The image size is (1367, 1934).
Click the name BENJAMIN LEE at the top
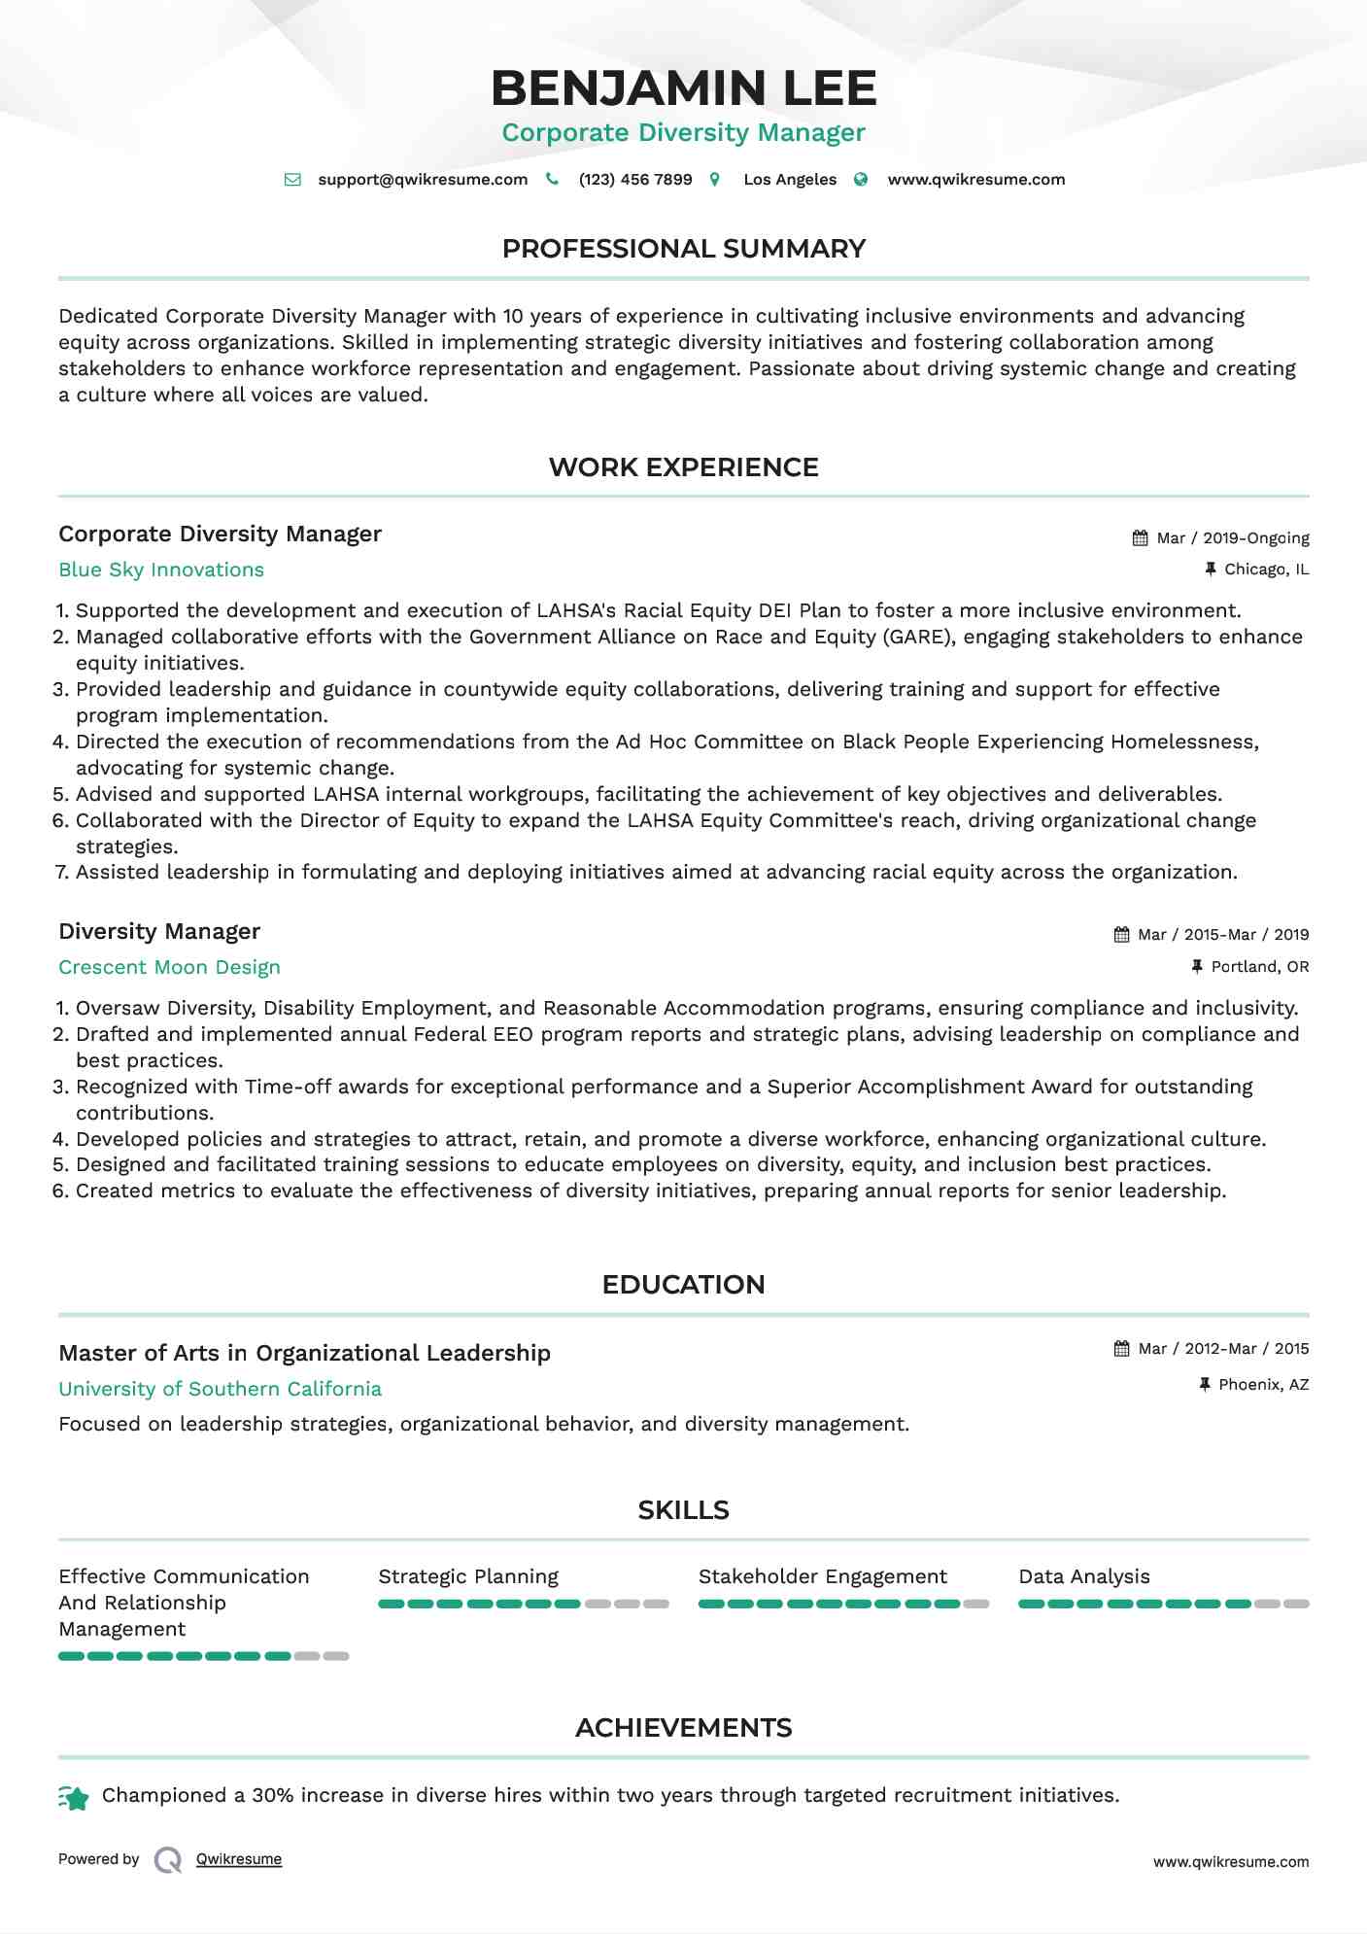click(x=683, y=88)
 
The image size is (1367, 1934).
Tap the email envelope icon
click(x=292, y=180)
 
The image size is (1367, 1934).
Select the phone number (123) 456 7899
click(x=635, y=180)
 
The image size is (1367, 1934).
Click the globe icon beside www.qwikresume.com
click(x=861, y=180)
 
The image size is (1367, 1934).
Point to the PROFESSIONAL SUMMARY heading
click(x=683, y=249)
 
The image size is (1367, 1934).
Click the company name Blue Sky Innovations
click(x=161, y=570)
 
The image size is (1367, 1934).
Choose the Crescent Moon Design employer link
click(x=169, y=968)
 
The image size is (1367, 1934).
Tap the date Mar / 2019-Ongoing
click(x=1232, y=538)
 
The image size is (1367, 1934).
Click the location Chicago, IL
click(x=1266, y=570)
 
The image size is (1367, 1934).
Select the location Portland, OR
click(x=1259, y=967)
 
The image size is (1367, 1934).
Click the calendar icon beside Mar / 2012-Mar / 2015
click(x=1121, y=1349)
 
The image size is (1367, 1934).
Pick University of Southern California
click(x=220, y=1390)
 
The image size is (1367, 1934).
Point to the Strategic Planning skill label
click(x=468, y=1577)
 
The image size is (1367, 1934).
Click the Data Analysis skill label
click(x=1083, y=1577)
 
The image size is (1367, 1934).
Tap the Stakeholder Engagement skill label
click(x=822, y=1577)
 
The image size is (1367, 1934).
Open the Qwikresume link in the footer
click(x=239, y=1860)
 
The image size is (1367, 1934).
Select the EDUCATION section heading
click(x=683, y=1285)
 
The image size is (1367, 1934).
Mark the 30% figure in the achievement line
click(x=273, y=1796)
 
